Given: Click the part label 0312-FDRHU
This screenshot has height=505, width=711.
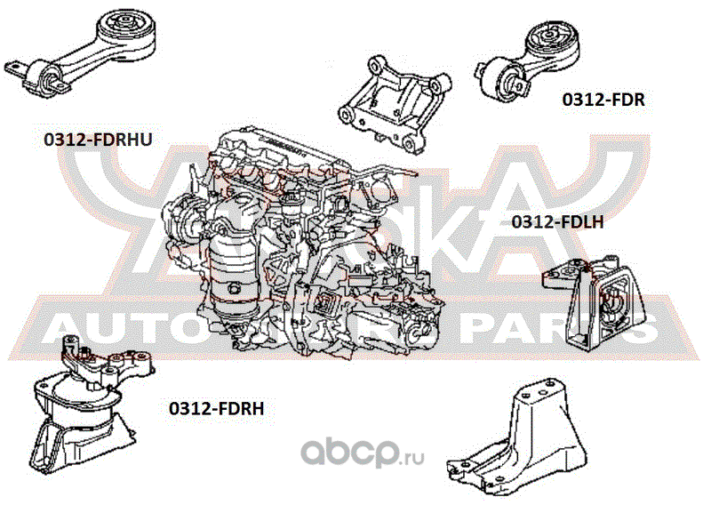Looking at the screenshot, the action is pos(99,140).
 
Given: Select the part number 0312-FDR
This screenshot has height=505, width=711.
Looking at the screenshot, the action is pos(603,100).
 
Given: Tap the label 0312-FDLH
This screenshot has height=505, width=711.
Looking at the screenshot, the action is pos(558,222).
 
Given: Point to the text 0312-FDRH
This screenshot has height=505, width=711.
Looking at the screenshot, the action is pos(217,408).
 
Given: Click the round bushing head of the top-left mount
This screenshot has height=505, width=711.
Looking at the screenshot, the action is pos(124,27).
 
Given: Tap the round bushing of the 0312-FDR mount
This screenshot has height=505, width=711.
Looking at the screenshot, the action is pos(547,41).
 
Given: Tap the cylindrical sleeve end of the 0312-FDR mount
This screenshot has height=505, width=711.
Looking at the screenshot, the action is pos(502,79).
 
